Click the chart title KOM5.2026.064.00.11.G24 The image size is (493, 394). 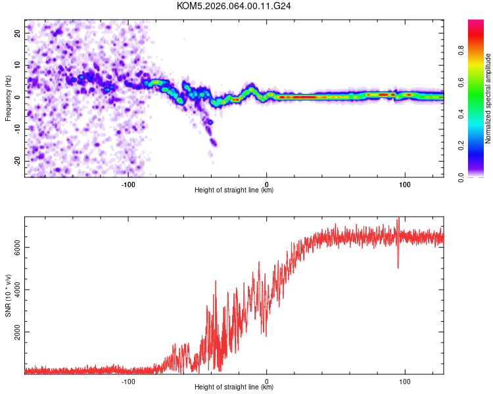point(234,6)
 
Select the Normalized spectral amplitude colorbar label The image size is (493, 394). point(488,98)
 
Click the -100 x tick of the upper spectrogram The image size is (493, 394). point(128,184)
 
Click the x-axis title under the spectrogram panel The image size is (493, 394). point(234,190)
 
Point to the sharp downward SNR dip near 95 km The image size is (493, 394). point(398,266)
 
